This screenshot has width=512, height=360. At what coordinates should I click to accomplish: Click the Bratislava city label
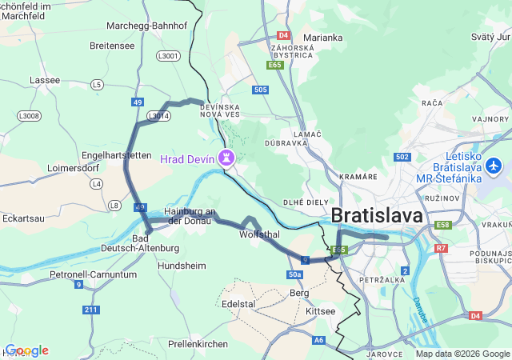(377, 215)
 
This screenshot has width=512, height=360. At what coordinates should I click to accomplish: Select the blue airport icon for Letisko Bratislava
(493, 166)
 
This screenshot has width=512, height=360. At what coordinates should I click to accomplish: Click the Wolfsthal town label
(259, 234)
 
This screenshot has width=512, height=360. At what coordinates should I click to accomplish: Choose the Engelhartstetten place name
(117, 154)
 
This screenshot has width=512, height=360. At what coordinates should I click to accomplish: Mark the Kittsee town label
(321, 310)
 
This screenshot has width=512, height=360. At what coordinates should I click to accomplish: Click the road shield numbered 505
(259, 90)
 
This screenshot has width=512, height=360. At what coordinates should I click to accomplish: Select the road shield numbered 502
(402, 158)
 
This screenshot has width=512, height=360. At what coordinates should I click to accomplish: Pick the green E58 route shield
(443, 226)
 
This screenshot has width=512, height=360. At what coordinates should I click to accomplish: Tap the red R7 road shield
(441, 249)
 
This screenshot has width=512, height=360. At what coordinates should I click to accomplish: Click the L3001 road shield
(169, 56)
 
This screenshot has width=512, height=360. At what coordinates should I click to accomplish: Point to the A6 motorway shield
(319, 340)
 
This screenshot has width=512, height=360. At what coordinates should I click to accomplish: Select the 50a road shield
(294, 274)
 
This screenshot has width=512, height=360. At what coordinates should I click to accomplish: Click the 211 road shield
(90, 310)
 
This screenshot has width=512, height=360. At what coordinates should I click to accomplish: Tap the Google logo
(26, 350)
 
